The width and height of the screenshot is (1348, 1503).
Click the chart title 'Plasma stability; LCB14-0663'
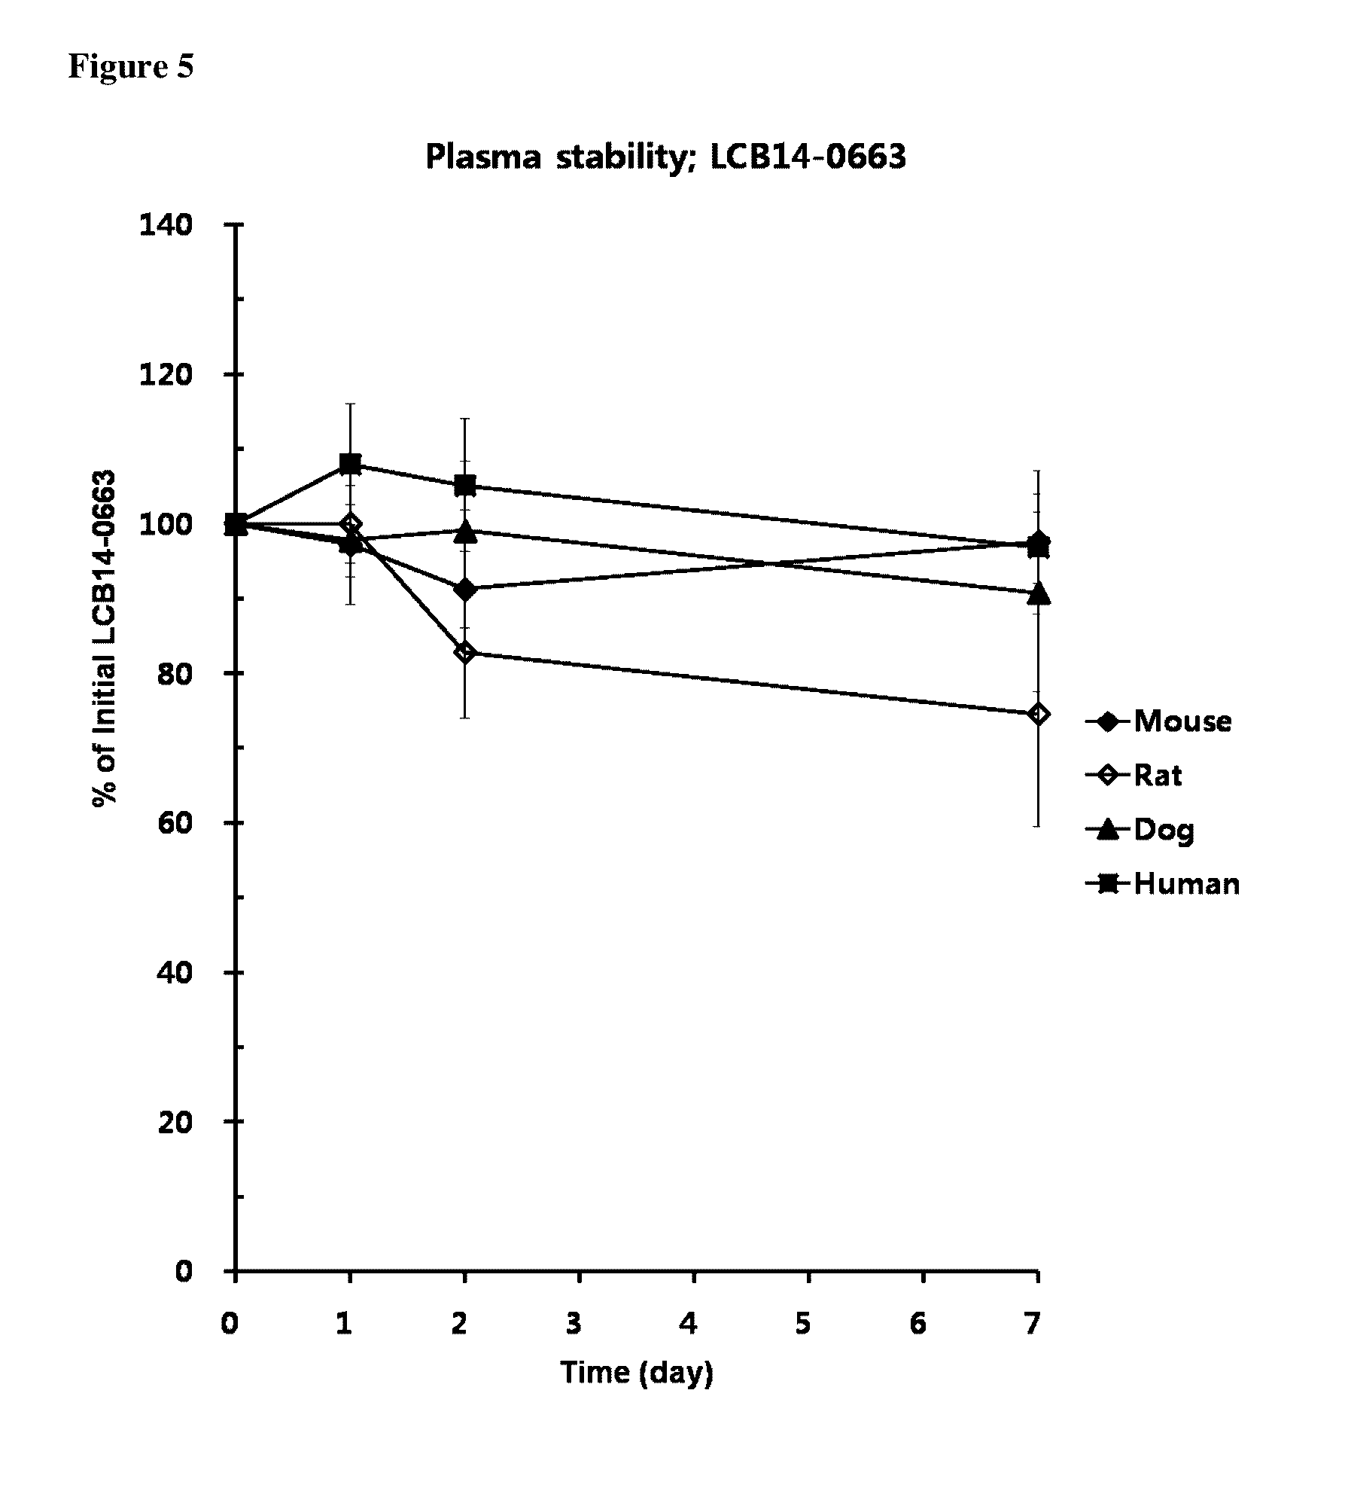tap(665, 157)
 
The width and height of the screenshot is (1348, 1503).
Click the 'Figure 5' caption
tap(131, 66)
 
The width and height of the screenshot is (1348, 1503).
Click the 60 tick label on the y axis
tap(174, 822)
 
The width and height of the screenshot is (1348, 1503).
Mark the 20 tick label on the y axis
tap(174, 1121)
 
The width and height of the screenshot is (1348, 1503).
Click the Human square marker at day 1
tap(350, 464)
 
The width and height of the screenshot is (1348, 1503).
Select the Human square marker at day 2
tap(465, 486)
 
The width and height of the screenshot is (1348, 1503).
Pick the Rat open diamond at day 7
tap(1038, 714)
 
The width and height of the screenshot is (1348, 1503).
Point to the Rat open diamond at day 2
tap(465, 652)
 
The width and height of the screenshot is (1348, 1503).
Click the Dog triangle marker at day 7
tap(1038, 593)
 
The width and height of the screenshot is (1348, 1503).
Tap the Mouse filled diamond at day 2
tap(465, 590)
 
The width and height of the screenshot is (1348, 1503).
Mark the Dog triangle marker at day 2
tap(465, 532)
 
